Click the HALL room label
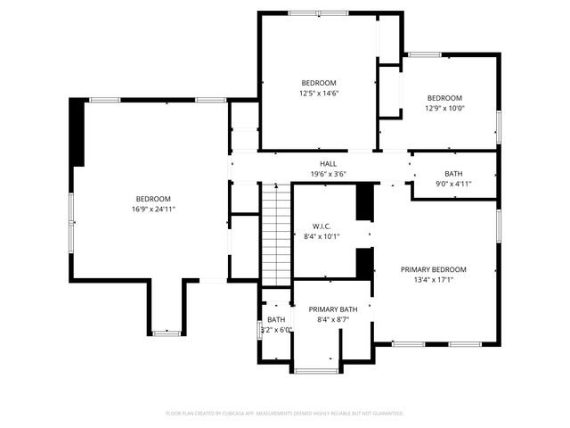tap(329, 163)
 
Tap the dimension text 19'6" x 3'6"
tap(329, 174)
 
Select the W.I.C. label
tap(322, 226)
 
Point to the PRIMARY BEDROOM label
tap(433, 269)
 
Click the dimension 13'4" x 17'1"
tap(433, 280)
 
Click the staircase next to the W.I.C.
tap(277, 232)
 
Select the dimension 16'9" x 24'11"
tap(153, 210)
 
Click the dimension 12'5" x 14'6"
tap(319, 93)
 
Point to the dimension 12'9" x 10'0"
tap(444, 109)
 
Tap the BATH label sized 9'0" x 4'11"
tap(453, 174)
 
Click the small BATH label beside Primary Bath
tap(276, 319)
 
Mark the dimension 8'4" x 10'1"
tap(322, 236)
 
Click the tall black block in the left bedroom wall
tap(77, 132)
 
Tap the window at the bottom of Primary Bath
tap(317, 370)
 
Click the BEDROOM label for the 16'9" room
tap(153, 199)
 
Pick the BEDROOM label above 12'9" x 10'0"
tap(444, 98)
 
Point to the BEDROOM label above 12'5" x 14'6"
tap(319, 82)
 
